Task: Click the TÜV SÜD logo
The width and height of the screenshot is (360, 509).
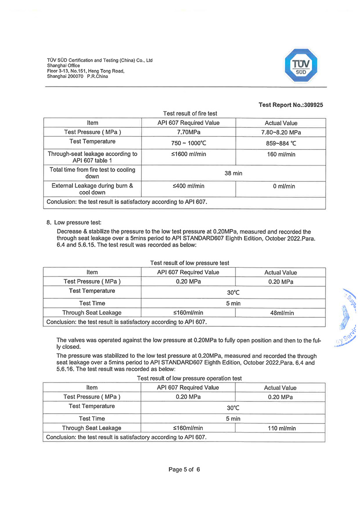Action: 302,65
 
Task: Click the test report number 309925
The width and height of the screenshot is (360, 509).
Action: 291,105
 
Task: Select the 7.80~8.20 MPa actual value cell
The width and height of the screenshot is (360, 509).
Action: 281,132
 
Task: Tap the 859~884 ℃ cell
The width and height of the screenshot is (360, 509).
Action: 281,143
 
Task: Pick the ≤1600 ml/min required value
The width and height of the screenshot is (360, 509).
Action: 188,154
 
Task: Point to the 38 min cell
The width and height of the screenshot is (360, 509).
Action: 233,173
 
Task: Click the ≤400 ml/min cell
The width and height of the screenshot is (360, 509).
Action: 188,186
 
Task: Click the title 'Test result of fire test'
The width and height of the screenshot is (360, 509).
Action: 190,113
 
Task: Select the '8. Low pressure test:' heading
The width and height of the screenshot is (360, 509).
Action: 74,222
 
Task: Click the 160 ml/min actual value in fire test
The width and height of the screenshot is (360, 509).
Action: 281,154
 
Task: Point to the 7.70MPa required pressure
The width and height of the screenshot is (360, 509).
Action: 188,132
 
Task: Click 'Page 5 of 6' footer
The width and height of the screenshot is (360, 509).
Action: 184,469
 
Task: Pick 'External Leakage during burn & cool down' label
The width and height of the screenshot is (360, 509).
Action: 92,189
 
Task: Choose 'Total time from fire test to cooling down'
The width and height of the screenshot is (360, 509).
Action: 92,173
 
